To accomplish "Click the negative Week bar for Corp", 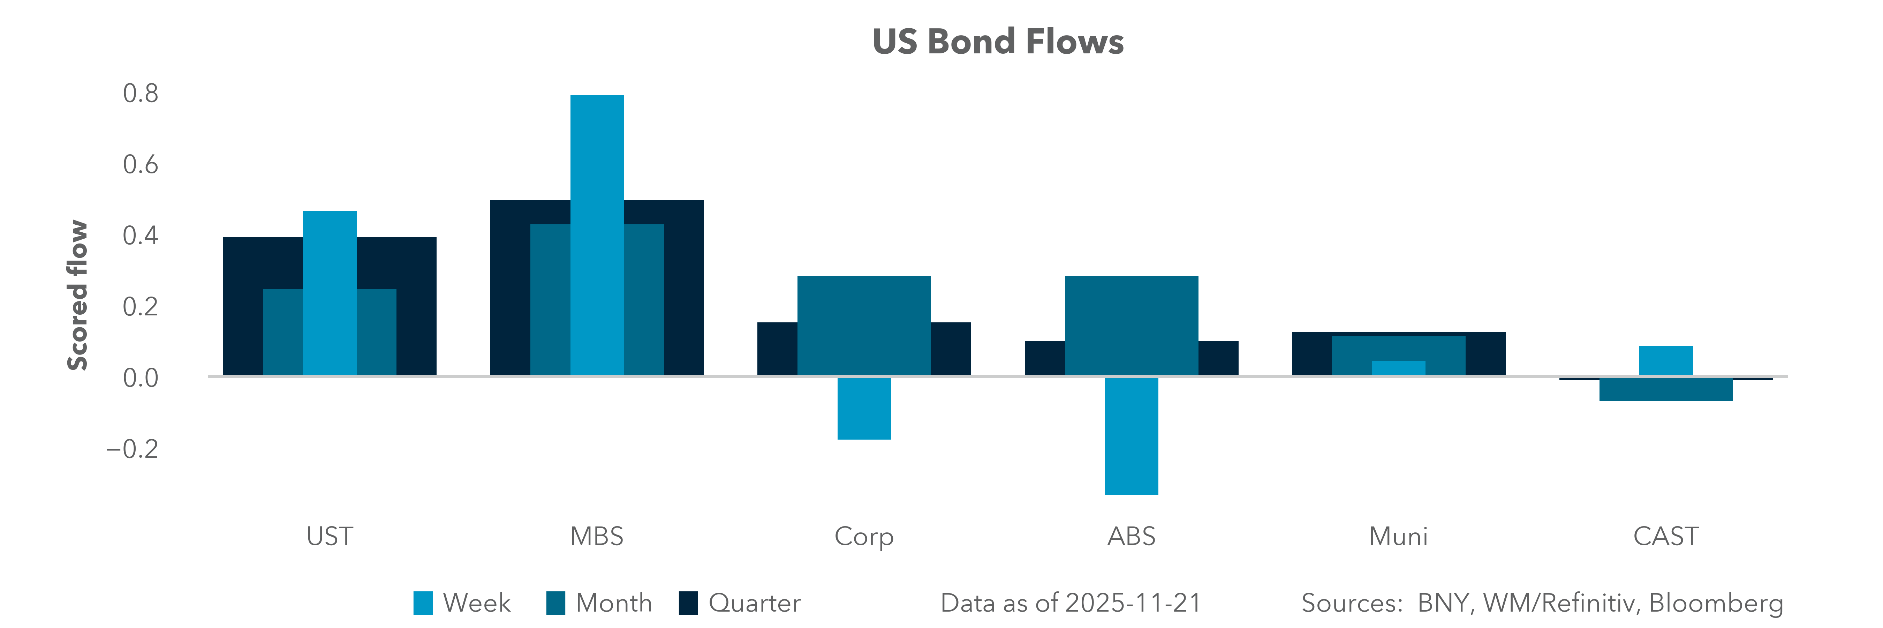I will pyautogui.click(x=864, y=408).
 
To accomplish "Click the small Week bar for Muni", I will pyautogui.click(x=1398, y=368).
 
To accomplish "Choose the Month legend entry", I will pyautogui.click(x=599, y=603).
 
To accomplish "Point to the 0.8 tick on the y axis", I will pyautogui.click(x=140, y=94).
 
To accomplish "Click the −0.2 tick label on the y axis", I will pyautogui.click(x=133, y=448).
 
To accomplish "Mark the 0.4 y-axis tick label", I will pyautogui.click(x=140, y=236).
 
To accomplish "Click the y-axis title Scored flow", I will pyautogui.click(x=77, y=296).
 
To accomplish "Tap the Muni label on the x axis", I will pyautogui.click(x=1398, y=537).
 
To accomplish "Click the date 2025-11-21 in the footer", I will pyautogui.click(x=1133, y=603).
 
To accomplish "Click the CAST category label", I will pyautogui.click(x=1666, y=537).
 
